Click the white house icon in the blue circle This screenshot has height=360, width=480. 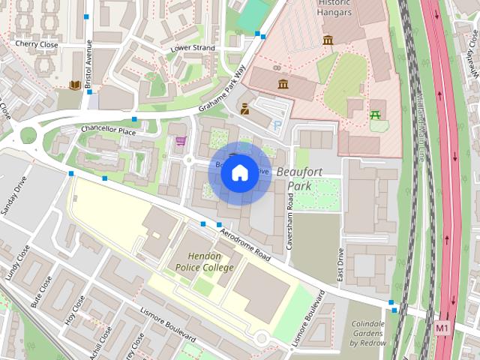pyautogui.click(x=239, y=173)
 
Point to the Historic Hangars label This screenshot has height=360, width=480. pyautogui.click(x=334, y=7)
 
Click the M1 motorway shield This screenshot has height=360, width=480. pyautogui.click(x=442, y=328)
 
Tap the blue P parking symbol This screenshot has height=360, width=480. pyautogui.click(x=277, y=125)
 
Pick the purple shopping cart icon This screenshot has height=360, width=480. pyautogui.click(x=180, y=140)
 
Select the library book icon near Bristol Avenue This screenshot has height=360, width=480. pyautogui.click(x=75, y=85)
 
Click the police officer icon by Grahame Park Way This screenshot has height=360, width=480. pyautogui.click(x=245, y=109)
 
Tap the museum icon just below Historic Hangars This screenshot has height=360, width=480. pyautogui.click(x=328, y=39)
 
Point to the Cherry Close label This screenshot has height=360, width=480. pyautogui.click(x=36, y=44)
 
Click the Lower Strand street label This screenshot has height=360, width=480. pyautogui.click(x=193, y=48)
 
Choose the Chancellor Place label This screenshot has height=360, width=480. pyautogui.click(x=109, y=130)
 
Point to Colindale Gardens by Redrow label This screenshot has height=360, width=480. pyautogui.click(x=367, y=334)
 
